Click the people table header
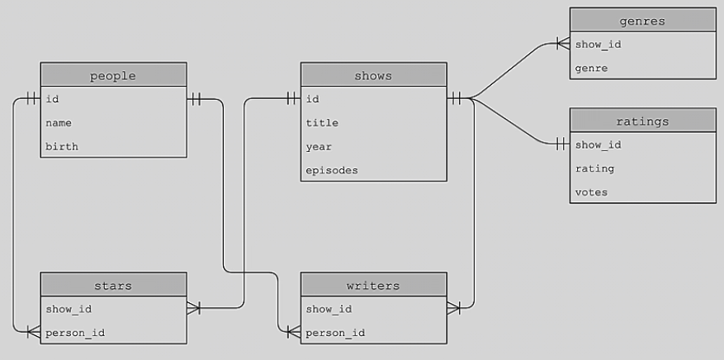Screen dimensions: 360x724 click(x=113, y=76)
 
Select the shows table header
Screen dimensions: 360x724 click(x=373, y=76)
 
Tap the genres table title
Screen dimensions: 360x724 click(x=643, y=20)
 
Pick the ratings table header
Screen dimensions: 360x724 click(x=643, y=121)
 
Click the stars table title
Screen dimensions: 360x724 click(x=113, y=286)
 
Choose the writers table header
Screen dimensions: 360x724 click(x=373, y=286)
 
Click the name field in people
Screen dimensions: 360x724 click(x=59, y=123)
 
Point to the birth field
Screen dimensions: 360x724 click(x=63, y=146)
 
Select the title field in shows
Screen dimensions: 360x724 click(x=322, y=123)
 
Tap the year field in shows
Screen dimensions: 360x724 click(x=319, y=146)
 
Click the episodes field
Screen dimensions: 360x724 click(x=332, y=170)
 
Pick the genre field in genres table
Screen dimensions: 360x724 click(x=592, y=68)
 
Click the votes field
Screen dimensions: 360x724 click(x=592, y=192)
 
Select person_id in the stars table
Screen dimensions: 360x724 click(x=75, y=333)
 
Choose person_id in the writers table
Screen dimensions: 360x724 click(x=335, y=333)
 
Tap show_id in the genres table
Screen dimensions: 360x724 click(x=599, y=44)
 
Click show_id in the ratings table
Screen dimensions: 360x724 click(x=599, y=144)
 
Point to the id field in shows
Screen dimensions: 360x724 click(x=313, y=99)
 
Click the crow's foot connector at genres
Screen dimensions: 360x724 click(x=563, y=44)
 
